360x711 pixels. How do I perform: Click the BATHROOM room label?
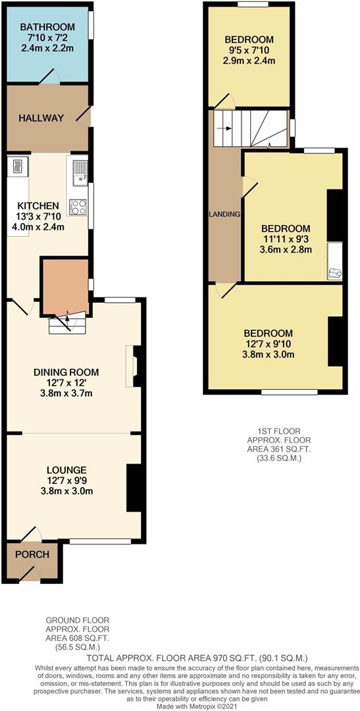(x=47, y=27)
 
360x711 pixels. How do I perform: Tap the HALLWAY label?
(x=41, y=118)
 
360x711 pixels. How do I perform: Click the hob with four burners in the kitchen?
(x=78, y=207)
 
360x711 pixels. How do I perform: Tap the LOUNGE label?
(x=66, y=469)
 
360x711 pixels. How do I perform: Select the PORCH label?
(x=32, y=554)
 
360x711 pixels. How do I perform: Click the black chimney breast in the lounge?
(x=134, y=487)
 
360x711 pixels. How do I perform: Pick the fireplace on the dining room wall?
(x=132, y=365)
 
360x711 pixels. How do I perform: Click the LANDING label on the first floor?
(x=224, y=215)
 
